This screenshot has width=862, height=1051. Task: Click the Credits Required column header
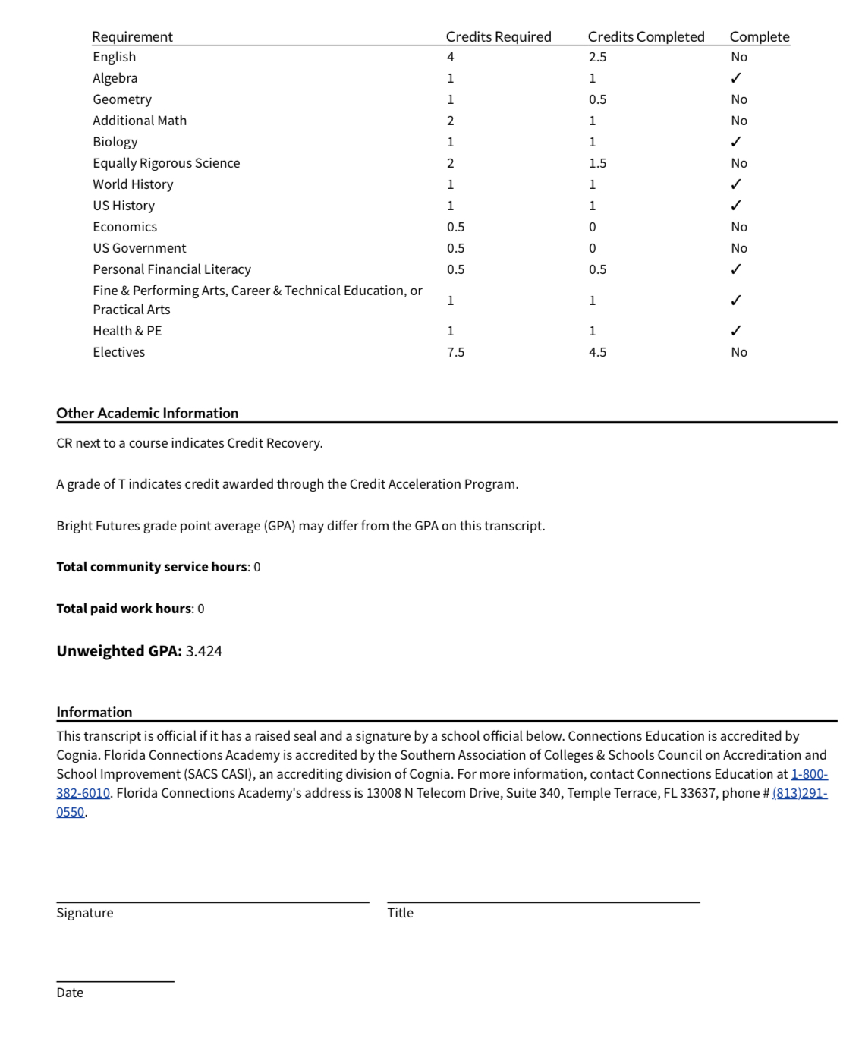coord(498,36)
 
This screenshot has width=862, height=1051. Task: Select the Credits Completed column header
coord(646,36)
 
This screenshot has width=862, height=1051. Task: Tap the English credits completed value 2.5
coord(597,57)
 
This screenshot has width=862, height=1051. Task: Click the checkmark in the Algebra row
coord(735,78)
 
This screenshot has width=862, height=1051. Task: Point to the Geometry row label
coord(122,99)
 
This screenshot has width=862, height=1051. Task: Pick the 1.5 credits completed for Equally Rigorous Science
coord(597,163)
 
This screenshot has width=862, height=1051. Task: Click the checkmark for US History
coord(735,206)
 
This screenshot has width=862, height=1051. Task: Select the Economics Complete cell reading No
coord(739,227)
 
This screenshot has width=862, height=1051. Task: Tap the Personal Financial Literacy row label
coord(171,269)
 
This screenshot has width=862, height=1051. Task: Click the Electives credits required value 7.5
coord(455,352)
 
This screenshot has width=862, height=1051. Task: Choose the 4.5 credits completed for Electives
coord(597,352)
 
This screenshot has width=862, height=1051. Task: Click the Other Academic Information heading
coord(147,413)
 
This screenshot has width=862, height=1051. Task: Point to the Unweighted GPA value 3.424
coord(203,651)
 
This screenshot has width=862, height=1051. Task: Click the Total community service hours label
coord(152,567)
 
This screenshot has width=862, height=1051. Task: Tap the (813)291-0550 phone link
coord(799,793)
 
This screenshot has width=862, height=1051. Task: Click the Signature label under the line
coord(85,913)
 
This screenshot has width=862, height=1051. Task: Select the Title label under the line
coord(400,913)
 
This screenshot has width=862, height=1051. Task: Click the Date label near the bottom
coord(70,993)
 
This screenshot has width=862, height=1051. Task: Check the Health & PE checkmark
coord(735,331)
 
